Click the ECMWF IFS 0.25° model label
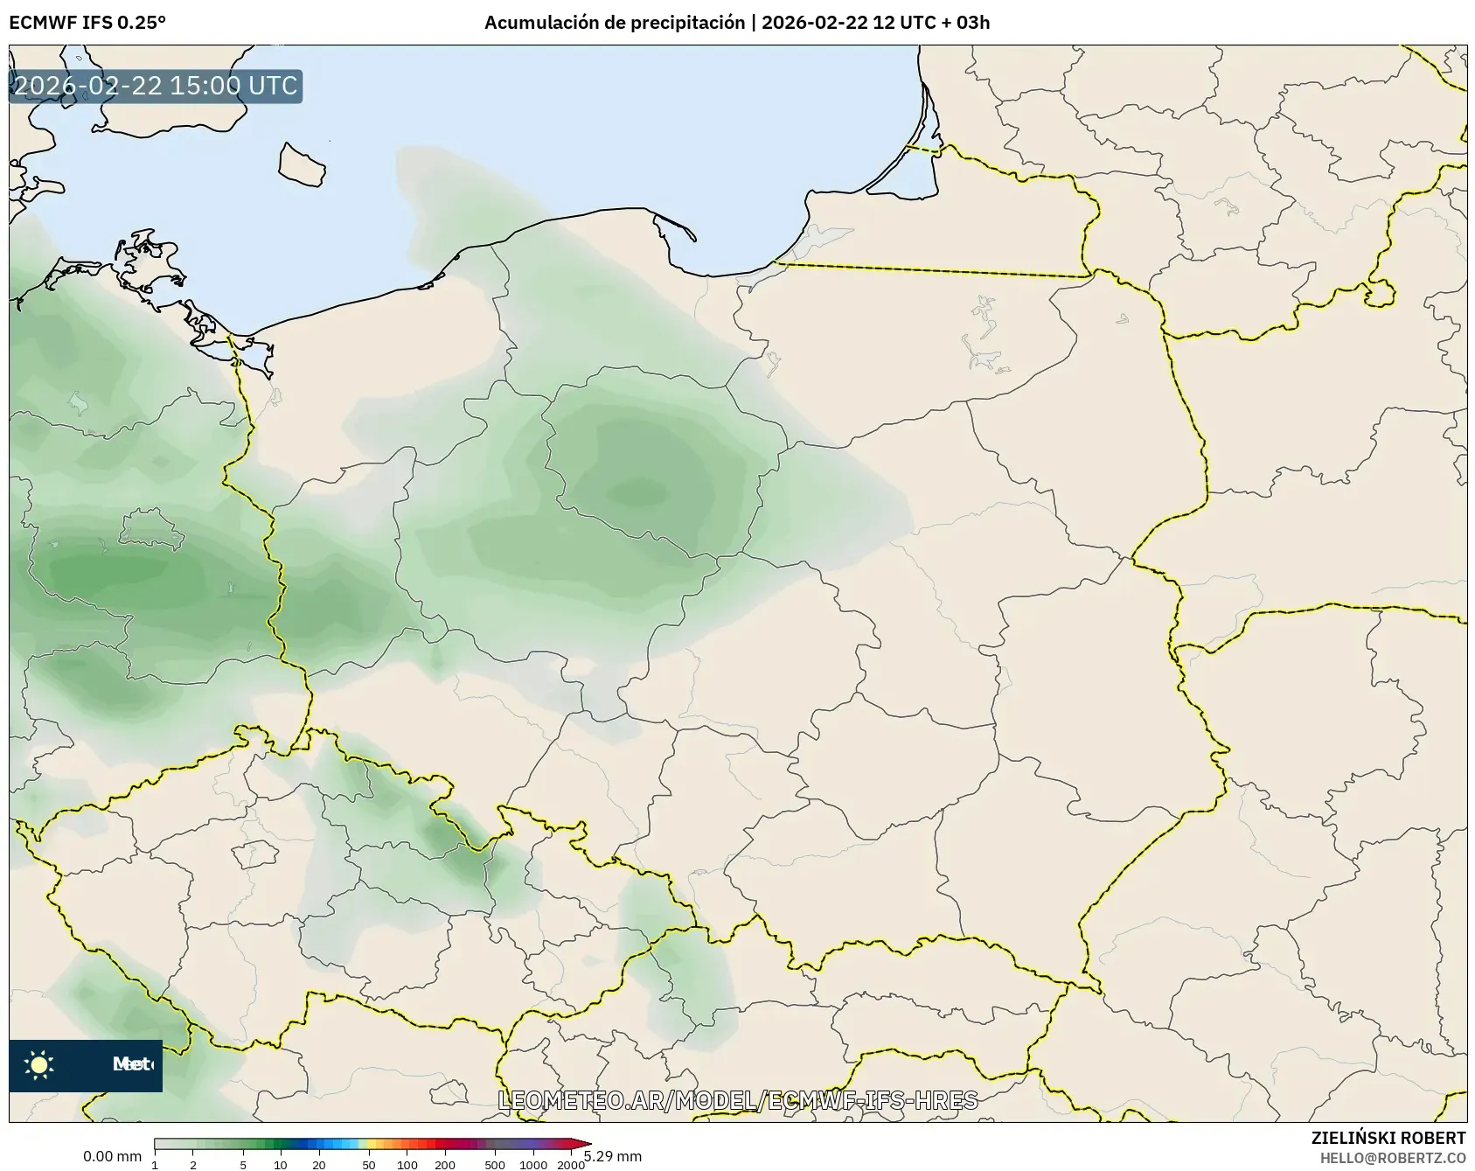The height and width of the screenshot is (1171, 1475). (x=87, y=23)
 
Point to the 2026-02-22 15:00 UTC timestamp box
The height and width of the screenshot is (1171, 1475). (x=156, y=86)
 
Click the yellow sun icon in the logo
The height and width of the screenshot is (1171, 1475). (x=39, y=1064)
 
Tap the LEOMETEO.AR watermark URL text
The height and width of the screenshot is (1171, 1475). (x=737, y=1100)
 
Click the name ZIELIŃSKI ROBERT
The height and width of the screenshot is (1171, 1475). (x=1388, y=1138)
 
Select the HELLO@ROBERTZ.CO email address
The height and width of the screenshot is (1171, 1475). (x=1392, y=1157)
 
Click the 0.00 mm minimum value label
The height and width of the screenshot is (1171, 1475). (x=112, y=1156)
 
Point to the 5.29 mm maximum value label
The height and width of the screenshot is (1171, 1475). (x=613, y=1156)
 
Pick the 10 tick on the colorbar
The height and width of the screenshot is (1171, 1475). (x=281, y=1164)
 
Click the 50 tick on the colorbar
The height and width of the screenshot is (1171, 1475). (x=369, y=1164)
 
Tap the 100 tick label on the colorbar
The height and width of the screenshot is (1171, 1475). (x=407, y=1164)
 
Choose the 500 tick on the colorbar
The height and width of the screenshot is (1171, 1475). (x=495, y=1164)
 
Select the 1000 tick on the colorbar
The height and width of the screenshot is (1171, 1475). (x=533, y=1164)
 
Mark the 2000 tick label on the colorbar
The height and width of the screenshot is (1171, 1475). (x=571, y=1164)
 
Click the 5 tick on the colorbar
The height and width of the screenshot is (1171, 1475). (x=243, y=1164)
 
